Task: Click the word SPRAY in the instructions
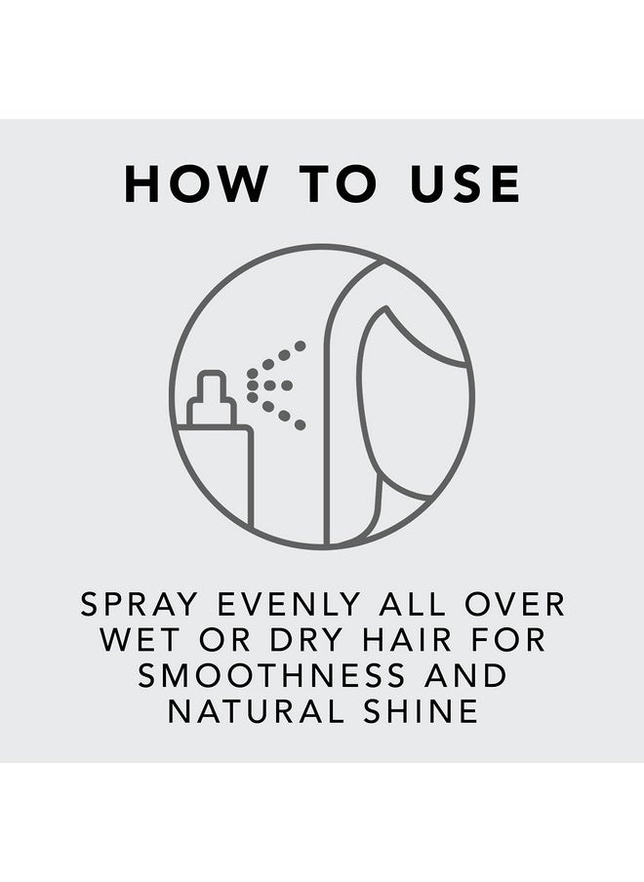(x=139, y=604)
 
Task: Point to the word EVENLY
(x=289, y=604)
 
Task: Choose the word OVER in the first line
(x=514, y=604)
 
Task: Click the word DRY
(x=306, y=640)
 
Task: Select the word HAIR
(x=407, y=640)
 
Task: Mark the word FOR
(x=509, y=640)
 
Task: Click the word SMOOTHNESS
(x=271, y=675)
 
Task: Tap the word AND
(x=466, y=675)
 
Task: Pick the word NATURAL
(x=256, y=711)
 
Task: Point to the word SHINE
(x=422, y=711)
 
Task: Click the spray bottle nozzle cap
(x=211, y=398)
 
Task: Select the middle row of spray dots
(x=270, y=385)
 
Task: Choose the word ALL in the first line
(x=412, y=604)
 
